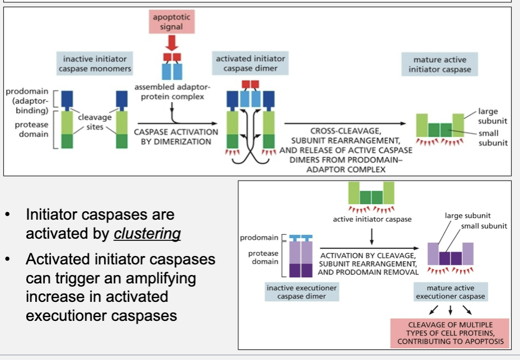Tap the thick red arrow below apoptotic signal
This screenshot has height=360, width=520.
point(172,42)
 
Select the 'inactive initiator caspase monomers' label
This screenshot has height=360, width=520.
point(94,64)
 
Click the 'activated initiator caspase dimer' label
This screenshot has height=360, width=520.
point(250,64)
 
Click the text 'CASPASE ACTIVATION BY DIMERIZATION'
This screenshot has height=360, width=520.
point(176,136)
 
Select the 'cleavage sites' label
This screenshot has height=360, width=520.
point(94,122)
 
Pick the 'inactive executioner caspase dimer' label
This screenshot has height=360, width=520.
point(302,292)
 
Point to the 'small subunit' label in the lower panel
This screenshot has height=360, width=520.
point(484,226)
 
